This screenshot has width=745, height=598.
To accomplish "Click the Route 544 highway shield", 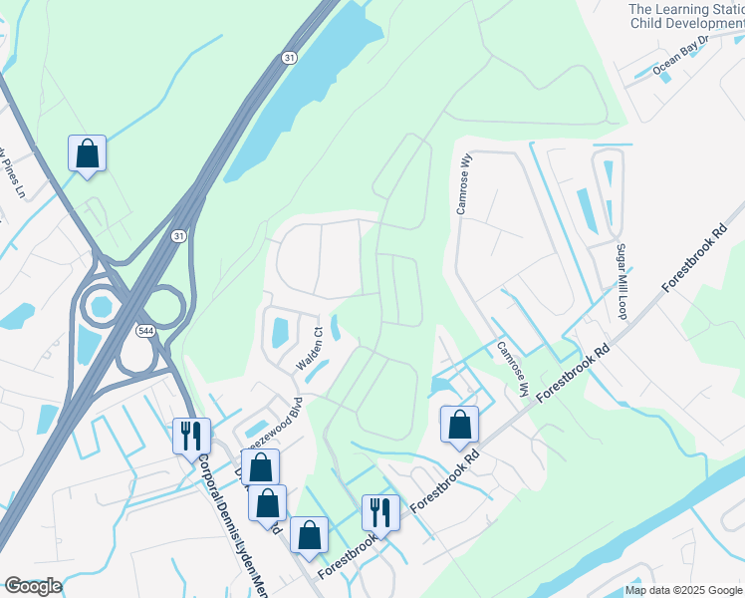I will click(145, 330).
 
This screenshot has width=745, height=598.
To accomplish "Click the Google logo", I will click(33, 586).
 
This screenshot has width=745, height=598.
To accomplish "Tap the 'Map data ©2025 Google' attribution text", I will click(682, 590).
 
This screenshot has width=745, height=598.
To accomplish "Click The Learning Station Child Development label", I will click(685, 16).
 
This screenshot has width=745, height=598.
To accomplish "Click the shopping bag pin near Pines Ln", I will click(88, 153).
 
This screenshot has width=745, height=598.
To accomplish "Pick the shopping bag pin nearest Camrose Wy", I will click(459, 425).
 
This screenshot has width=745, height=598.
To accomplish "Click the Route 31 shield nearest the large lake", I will click(287, 59).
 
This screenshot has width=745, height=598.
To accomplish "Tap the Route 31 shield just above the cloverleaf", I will click(177, 235).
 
